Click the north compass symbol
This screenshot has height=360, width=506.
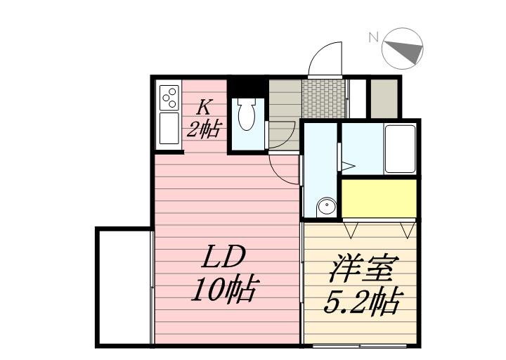coord(403,49)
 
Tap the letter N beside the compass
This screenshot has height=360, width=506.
coord(374,37)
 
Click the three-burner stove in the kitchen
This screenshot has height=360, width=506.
coord(169,98)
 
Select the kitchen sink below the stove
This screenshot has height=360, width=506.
coord(169,129)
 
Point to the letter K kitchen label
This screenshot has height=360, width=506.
coord(204,108)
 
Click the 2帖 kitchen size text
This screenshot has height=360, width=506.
coord(204,129)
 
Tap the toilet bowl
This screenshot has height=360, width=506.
coord(246,115)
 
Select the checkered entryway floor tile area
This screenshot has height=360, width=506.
coord(324,99)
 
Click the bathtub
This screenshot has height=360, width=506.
coord(401,148)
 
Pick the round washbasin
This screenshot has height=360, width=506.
coord(326,207)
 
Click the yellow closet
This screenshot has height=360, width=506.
coord(379,199)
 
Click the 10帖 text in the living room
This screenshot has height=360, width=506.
coord(223,289)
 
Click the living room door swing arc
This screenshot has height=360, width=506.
coord(284,169)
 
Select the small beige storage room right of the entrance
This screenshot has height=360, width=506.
coord(383,99)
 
